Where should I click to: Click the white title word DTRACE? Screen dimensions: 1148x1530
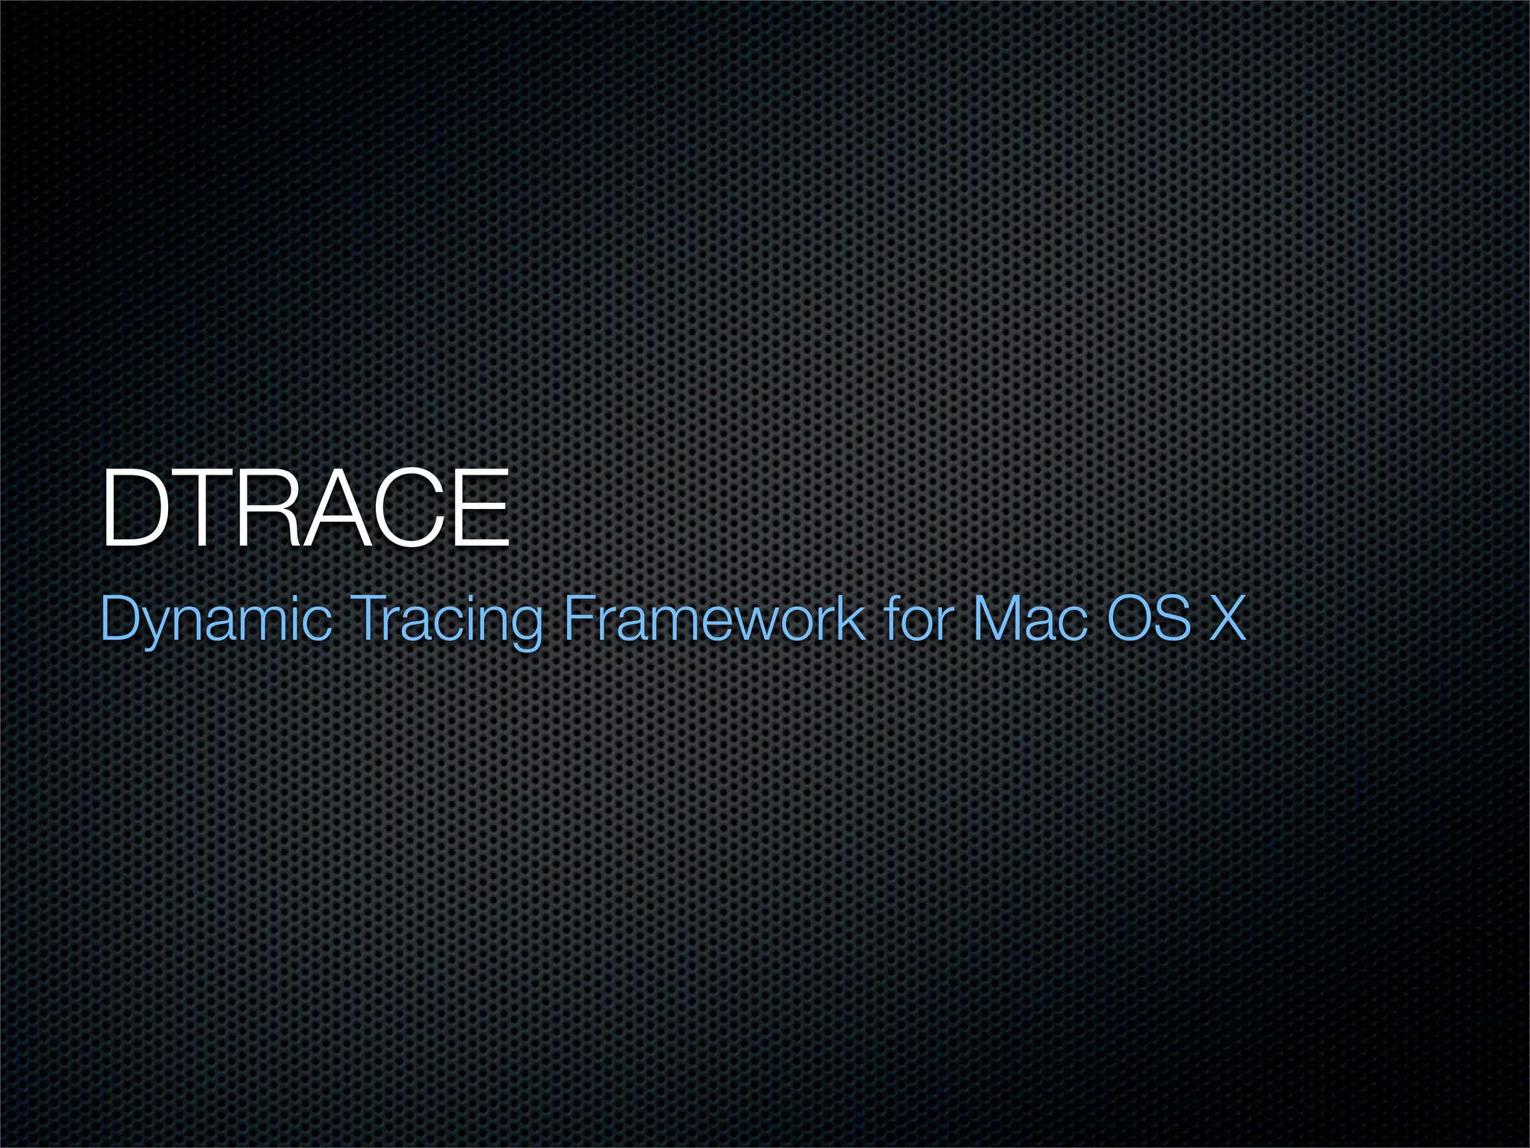click(305, 509)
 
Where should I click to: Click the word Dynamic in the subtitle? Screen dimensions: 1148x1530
click(215, 620)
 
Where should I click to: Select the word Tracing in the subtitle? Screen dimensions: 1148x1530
click(446, 620)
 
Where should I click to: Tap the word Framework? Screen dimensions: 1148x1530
click(713, 618)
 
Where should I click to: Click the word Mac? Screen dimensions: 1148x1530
click(1030, 618)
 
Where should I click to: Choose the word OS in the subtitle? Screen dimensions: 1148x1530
click(1149, 618)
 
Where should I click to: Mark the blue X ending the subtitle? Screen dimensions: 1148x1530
click(1228, 618)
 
